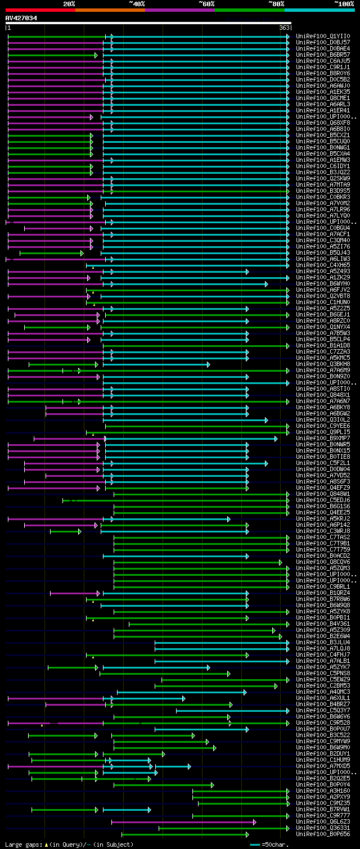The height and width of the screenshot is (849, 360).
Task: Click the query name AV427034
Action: pos(21,18)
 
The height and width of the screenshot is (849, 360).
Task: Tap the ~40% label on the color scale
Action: pos(137,3)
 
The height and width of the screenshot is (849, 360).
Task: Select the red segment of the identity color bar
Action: pos(40,10)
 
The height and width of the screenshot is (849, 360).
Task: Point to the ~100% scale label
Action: pos(343,3)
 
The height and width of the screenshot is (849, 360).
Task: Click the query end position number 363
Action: pos(284,28)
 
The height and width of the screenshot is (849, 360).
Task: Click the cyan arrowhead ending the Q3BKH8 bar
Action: pos(208,364)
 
